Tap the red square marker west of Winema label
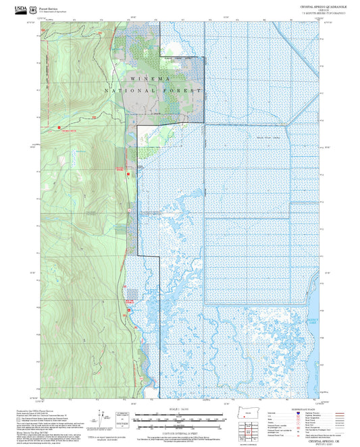pos(59,126)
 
